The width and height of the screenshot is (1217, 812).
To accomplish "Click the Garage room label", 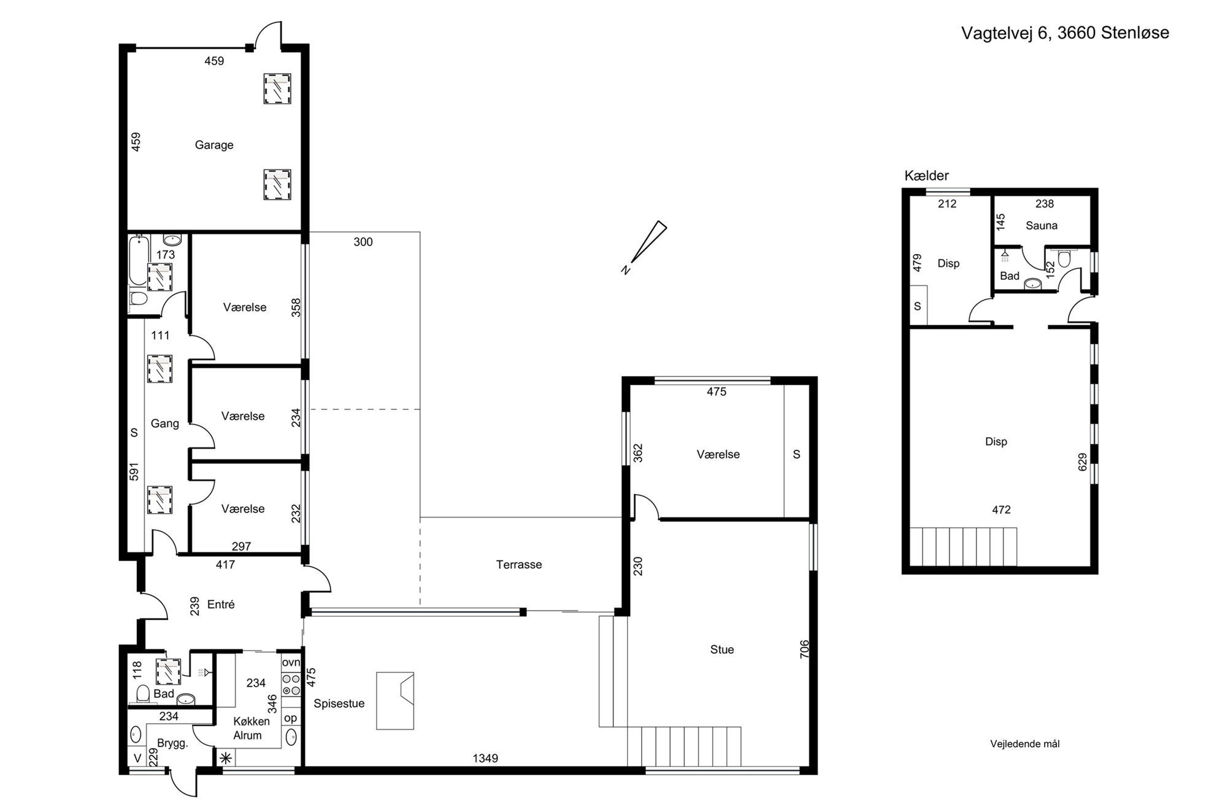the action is [214, 145].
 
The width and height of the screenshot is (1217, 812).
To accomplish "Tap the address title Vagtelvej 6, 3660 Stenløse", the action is [1065, 33].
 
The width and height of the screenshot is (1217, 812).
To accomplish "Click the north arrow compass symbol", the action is [644, 247].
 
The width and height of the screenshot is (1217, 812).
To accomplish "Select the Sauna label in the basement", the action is [1042, 226].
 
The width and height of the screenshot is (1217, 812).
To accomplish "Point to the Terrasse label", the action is [519, 565].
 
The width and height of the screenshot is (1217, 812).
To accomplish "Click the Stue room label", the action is [722, 649].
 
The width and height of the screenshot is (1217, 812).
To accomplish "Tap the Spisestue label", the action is [339, 704].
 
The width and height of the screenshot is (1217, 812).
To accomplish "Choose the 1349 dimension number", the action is [485, 759].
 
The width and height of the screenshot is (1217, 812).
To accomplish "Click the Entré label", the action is [221, 605].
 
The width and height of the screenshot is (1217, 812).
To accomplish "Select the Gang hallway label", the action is [165, 424].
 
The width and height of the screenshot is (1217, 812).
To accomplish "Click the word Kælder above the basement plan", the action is [926, 176].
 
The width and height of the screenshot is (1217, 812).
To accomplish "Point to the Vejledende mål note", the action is [1025, 744].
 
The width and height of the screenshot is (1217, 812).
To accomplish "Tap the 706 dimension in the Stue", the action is [805, 649].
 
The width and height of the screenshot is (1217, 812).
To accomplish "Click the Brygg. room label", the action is [172, 744].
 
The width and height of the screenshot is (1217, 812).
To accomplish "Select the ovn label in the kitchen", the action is [291, 662].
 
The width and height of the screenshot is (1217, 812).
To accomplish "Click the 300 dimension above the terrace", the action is [363, 242].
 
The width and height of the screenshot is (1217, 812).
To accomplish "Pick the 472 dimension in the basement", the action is [1001, 509].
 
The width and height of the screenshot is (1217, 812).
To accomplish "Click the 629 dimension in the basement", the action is [1082, 462].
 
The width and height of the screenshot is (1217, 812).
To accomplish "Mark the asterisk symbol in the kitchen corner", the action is [226, 758].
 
